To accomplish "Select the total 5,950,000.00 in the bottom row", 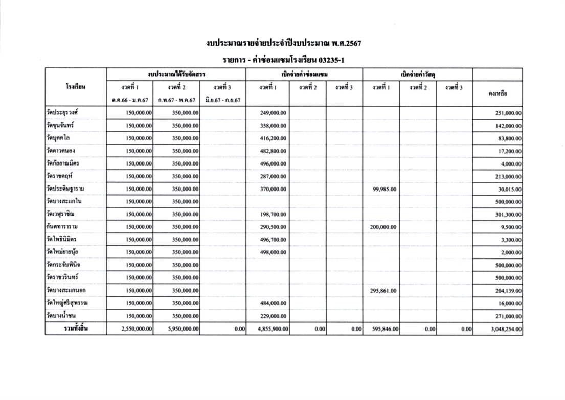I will (x=182, y=330).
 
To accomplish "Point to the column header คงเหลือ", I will (x=498, y=93).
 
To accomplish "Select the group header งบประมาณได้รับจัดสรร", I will (x=176, y=75).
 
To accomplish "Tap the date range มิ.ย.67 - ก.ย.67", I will (x=222, y=100).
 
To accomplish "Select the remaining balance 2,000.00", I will (x=511, y=253).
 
